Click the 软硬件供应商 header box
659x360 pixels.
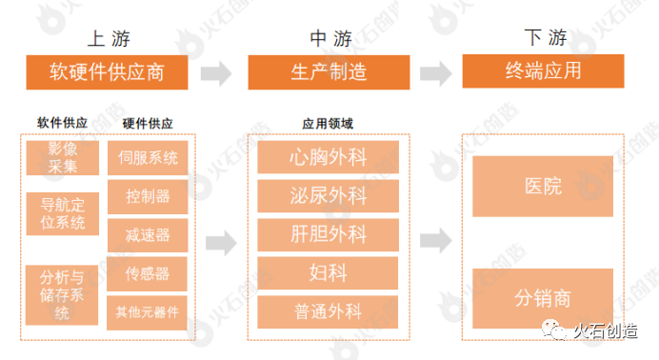click(x=109, y=72)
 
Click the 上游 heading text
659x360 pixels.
click(x=108, y=39)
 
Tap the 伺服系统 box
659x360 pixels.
click(x=148, y=157)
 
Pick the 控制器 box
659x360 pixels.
click(x=148, y=196)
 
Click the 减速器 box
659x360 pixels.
click(x=148, y=235)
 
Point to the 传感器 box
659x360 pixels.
click(x=148, y=274)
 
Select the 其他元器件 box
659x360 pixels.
click(x=148, y=311)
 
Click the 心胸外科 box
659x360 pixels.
click(x=327, y=157)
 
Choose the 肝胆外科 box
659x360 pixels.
click(x=327, y=234)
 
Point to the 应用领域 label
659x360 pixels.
click(x=328, y=124)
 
